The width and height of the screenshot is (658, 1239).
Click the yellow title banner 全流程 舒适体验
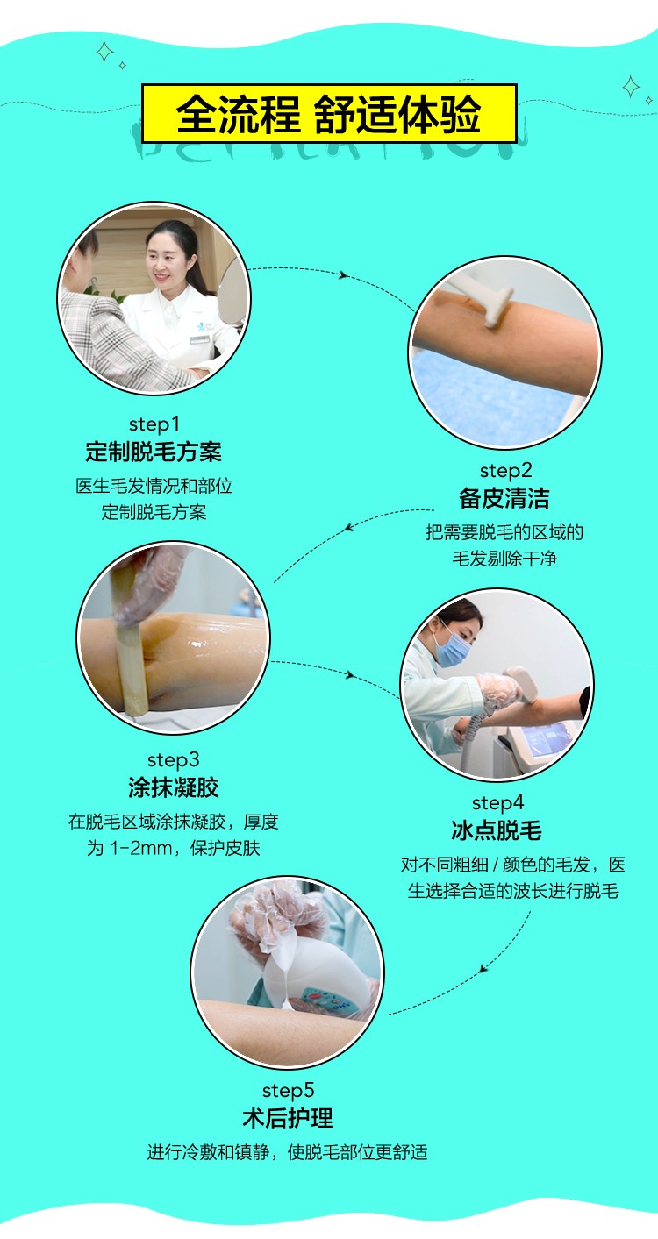coord(329,113)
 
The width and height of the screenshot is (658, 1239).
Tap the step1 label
coord(154,424)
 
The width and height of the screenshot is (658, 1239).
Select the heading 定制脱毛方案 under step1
coord(154,452)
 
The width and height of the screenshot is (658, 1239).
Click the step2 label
coord(506,471)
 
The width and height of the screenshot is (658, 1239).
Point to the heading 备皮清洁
coord(504,498)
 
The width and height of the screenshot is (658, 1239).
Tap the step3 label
coord(173,760)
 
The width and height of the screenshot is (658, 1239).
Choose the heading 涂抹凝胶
coord(174,787)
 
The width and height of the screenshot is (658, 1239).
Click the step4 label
coord(497,803)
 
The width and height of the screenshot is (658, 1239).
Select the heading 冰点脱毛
coord(497,830)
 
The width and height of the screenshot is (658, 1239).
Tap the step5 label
coord(288,1091)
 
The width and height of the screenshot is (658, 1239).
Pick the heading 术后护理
coord(288,1118)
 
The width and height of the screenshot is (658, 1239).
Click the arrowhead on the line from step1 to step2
coord(344,275)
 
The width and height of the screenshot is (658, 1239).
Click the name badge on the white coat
coord(199,338)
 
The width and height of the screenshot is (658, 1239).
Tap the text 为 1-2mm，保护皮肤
coord(173,848)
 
